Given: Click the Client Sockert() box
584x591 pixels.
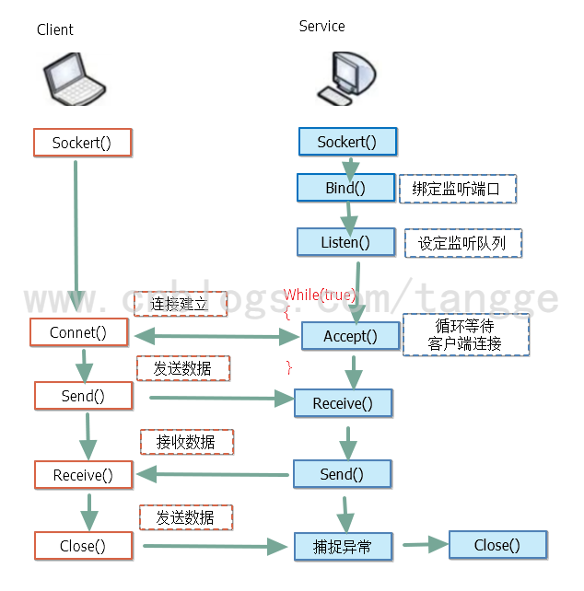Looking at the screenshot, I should point(82,142).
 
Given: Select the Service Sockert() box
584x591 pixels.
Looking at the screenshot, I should point(347,142).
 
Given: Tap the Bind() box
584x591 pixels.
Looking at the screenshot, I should point(345,188).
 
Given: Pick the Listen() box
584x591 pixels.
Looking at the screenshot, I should point(345,242).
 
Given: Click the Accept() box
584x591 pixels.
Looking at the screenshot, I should point(350,336).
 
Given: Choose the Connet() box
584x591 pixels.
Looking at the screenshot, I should point(77,332).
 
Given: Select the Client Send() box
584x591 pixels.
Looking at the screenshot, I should point(82,396).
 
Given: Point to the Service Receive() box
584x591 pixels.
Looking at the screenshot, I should point(343,403).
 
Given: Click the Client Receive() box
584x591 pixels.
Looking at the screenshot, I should point(83,475).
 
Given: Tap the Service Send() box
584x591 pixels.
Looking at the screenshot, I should point(342,474).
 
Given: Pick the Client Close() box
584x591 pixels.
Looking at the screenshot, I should point(83,546).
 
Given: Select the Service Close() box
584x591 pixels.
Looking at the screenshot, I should point(497,545).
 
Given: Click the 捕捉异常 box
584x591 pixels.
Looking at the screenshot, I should point(344,547).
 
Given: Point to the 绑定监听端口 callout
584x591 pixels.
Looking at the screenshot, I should point(458,189).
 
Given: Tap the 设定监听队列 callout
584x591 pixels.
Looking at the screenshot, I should point(463,243).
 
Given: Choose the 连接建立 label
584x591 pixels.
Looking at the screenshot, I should point(181,304).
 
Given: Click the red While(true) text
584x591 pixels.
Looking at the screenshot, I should point(319,295).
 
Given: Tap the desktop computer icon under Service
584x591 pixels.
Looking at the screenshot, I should point(344,76).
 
